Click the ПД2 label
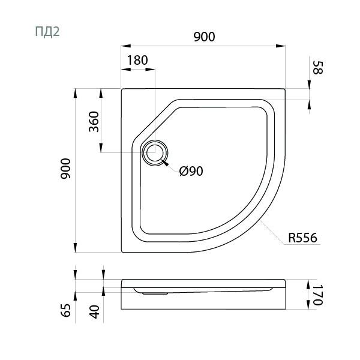click(x=47, y=32)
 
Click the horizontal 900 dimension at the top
click(x=204, y=37)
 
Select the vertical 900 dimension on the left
click(x=65, y=169)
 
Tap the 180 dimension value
click(x=137, y=61)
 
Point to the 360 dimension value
click(x=94, y=122)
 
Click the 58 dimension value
click(x=318, y=67)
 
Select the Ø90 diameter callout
click(x=191, y=171)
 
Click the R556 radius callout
click(x=302, y=238)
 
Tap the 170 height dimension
click(x=318, y=295)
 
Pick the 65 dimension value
click(x=66, y=310)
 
